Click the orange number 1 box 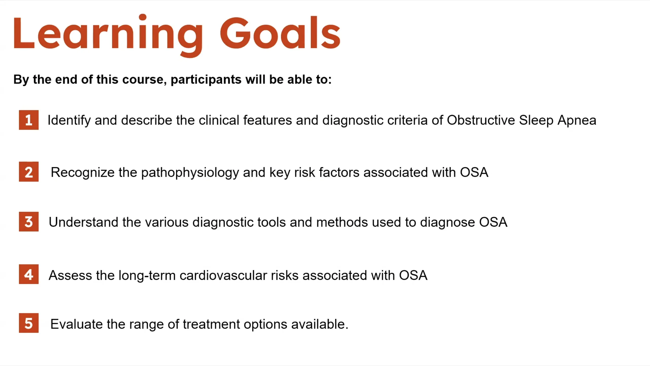[x=29, y=120]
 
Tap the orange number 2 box [x=29, y=172]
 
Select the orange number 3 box [x=29, y=222]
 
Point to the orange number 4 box [x=29, y=274]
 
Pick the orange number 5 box [x=29, y=323]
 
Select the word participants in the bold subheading [x=206, y=80]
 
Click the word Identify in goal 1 [x=69, y=120]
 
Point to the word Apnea [x=577, y=120]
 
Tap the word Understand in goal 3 [x=84, y=222]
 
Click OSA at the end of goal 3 [x=493, y=222]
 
